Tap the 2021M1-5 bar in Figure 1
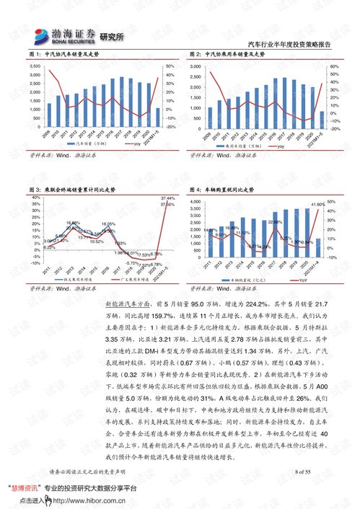[157, 118]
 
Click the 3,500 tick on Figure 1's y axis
[34, 66]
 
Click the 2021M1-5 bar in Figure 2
[321, 120]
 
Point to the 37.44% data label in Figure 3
[167, 198]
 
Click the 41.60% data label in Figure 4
[317, 205]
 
